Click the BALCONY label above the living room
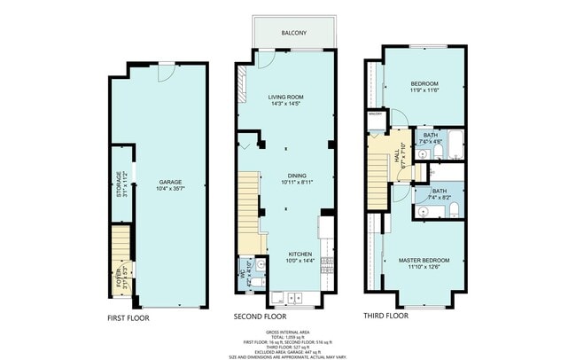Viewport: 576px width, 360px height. pos(294,33)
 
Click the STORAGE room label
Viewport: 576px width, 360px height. pos(120,183)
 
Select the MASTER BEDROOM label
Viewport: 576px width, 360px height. pos(424,260)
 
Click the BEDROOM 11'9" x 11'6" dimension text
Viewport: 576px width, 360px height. pos(424,90)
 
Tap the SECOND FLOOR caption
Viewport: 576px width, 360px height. pos(261,317)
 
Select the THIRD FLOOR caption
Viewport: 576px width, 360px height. pos(385,316)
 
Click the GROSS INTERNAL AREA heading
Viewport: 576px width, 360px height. pos(287,330)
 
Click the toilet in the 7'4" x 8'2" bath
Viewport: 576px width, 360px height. pos(452,209)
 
